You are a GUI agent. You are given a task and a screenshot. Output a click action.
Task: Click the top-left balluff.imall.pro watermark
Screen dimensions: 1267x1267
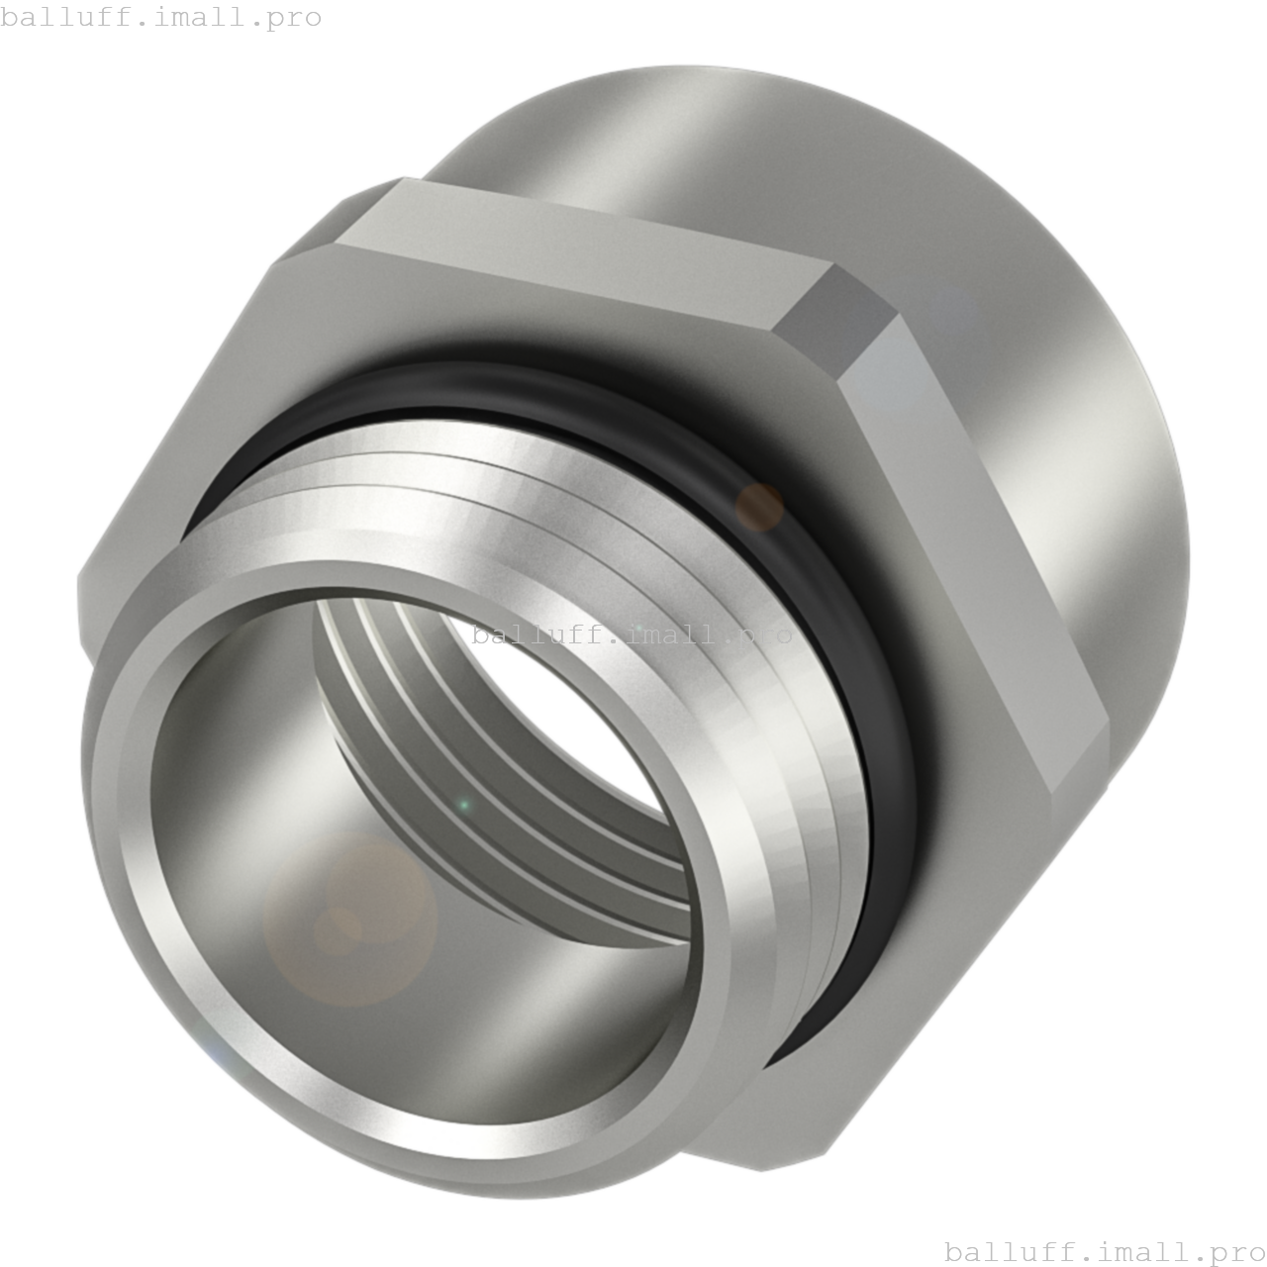point(160,17)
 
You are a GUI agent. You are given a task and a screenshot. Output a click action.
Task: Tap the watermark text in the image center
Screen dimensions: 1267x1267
point(632,634)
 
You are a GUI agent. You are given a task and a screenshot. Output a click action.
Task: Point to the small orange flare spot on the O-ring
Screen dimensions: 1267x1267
point(759,506)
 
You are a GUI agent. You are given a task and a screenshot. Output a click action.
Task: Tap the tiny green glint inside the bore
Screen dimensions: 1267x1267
point(463,806)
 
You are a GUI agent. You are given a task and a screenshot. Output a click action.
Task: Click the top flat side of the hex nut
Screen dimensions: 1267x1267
point(584,247)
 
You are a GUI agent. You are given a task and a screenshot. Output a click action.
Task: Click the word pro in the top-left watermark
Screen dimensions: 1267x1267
point(294,17)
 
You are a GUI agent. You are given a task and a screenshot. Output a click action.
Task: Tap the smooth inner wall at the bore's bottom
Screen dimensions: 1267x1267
point(445,1069)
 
